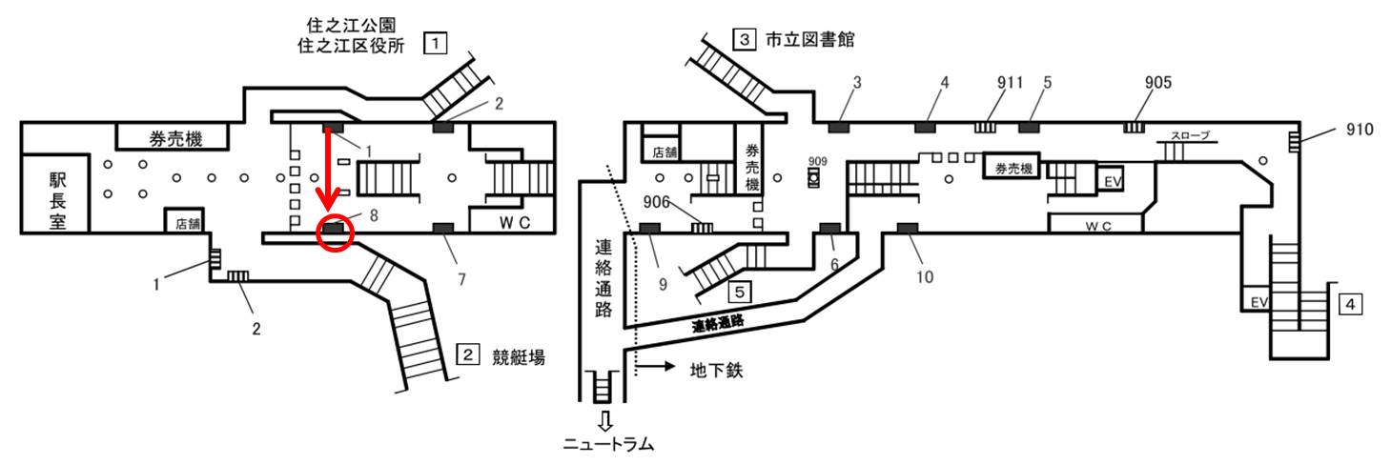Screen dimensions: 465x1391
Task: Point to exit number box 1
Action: coord(436,43)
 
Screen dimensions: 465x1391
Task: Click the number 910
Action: coord(1361,129)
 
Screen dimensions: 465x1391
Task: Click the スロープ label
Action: coord(1193,135)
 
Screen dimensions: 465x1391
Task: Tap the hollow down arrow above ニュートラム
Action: coord(603,420)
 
